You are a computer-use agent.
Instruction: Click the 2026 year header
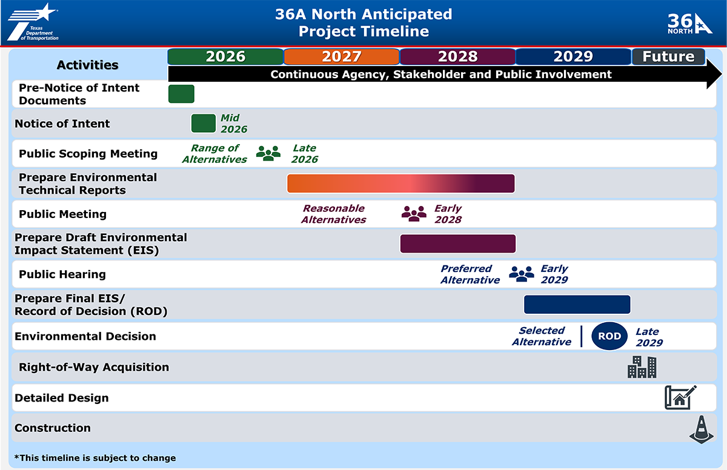[x=225, y=56]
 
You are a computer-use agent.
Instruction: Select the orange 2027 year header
[x=342, y=56]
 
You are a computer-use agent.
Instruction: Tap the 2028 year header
[x=457, y=56]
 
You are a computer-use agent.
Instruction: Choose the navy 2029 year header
[x=573, y=56]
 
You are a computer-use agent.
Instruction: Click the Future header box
[x=668, y=56]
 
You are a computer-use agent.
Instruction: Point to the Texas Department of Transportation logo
[x=33, y=22]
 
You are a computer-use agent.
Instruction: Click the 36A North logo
[x=690, y=24]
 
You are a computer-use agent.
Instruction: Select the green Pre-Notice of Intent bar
[x=181, y=94]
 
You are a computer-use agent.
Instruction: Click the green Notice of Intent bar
[x=204, y=123]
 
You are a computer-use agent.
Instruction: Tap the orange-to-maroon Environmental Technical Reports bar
[x=400, y=184]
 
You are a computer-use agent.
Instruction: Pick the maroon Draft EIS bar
[x=457, y=243]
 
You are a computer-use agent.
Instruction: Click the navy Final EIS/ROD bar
[x=577, y=305]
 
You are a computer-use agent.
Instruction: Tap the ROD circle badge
[x=609, y=336]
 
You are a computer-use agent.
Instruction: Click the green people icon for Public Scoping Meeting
[x=268, y=153]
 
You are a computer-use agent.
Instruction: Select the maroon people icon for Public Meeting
[x=414, y=213]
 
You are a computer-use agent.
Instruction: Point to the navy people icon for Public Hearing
[x=521, y=274]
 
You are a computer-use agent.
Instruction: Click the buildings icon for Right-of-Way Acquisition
[x=642, y=367]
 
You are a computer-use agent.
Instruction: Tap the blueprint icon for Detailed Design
[x=680, y=397]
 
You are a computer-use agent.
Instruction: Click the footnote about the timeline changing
[x=95, y=458]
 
